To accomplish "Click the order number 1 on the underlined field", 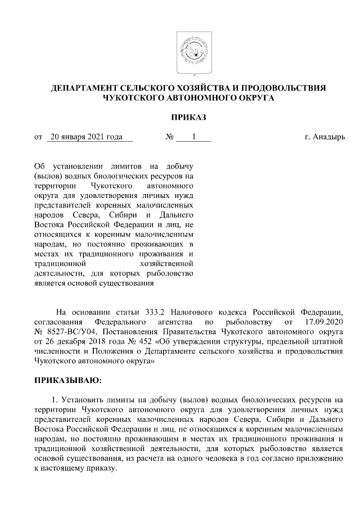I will click(x=194, y=137).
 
